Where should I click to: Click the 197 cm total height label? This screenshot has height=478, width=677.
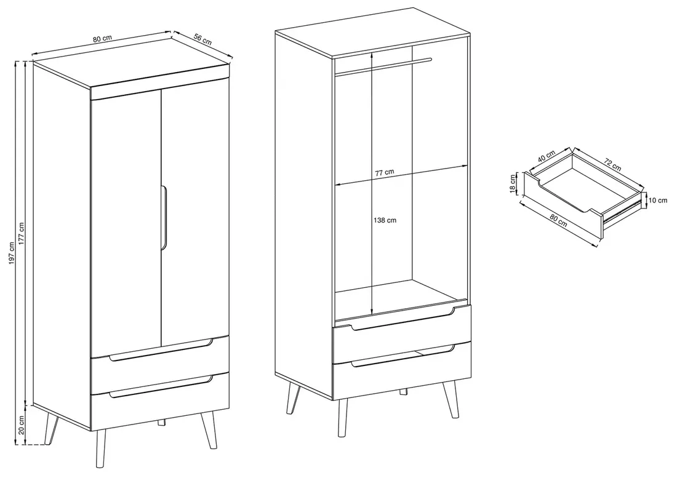[x=12, y=253]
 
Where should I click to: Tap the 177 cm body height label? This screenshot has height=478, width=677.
[x=22, y=234]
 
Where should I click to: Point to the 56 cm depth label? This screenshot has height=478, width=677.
[x=202, y=39]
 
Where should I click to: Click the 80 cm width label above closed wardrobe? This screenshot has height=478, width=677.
[x=102, y=38]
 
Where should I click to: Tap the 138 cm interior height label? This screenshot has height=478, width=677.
[x=385, y=220]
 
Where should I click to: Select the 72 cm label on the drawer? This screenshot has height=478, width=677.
[x=612, y=164]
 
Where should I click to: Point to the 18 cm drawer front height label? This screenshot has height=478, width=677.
[x=513, y=184]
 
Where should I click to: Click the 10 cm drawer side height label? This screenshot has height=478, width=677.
[x=657, y=200]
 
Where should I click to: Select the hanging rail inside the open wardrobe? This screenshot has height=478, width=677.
[x=383, y=66]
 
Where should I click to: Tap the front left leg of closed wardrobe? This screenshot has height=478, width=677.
[x=100, y=448]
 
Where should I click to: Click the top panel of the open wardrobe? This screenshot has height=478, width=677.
[x=372, y=33]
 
